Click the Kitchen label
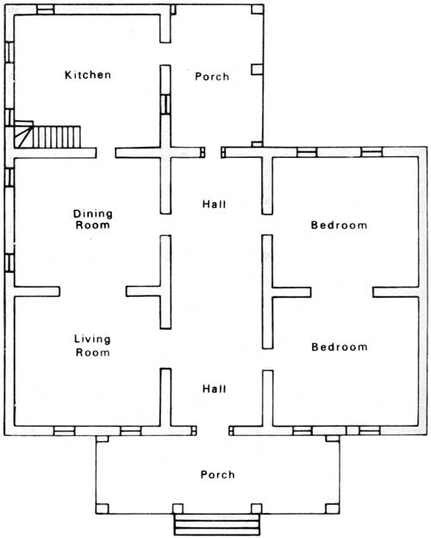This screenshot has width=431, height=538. coord(88,75)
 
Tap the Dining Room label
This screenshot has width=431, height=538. coord(93,219)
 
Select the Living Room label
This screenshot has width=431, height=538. coord(92,345)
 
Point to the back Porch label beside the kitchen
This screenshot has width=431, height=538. coord(212,76)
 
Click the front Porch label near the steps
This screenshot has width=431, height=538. coord(217,474)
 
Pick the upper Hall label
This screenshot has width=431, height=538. coord(214,204)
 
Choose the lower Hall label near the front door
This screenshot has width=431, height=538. coord(214,389)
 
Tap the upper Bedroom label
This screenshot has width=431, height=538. coord(339,225)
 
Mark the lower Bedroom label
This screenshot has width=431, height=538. coord(340,347)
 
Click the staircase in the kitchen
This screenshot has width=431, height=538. coord(47,135)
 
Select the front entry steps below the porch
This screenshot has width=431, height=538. coord(216,524)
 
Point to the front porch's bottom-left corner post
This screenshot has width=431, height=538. coord(103,509)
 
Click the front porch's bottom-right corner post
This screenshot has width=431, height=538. coord(333,509)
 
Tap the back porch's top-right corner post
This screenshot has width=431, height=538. coord(257,9)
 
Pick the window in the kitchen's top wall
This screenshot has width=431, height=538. coord(46,9)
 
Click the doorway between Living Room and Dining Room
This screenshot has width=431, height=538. coord(93,291)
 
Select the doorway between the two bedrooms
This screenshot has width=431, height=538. coord(341,292)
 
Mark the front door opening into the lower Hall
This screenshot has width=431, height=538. coord(212,431)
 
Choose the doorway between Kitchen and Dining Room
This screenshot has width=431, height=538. coord(106,153)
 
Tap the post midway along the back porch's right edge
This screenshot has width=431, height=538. coord(257,69)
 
